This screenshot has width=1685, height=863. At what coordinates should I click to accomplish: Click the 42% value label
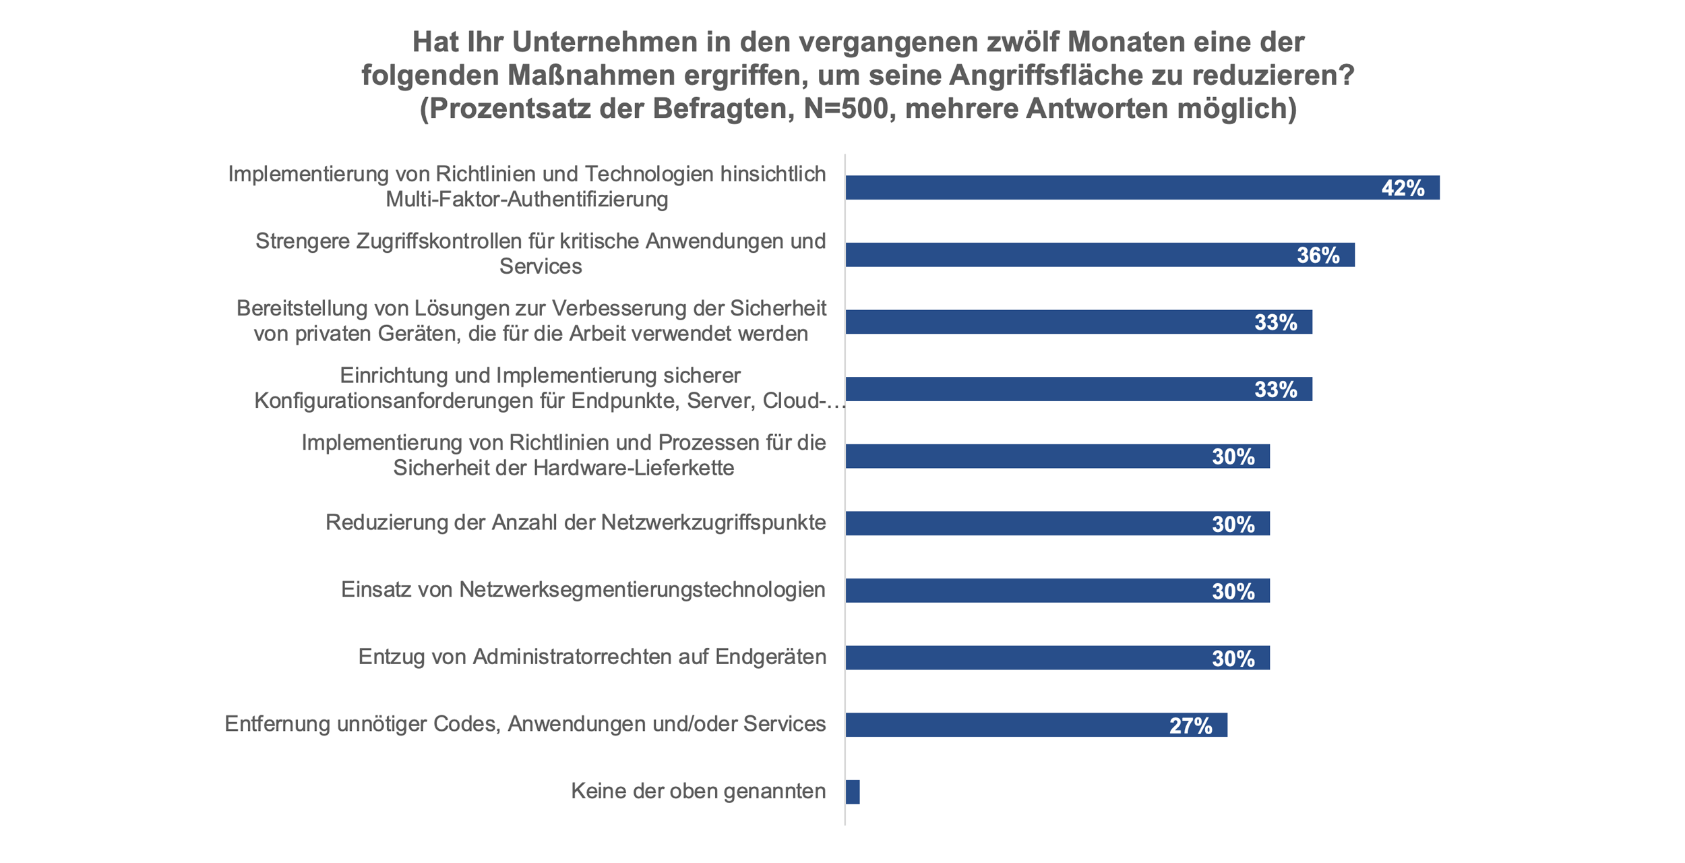point(1403,188)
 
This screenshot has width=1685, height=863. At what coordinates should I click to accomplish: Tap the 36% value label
point(1318,256)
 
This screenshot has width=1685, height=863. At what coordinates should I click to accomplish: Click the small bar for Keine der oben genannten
point(853,792)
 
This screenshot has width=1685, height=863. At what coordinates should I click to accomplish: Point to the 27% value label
point(1190,725)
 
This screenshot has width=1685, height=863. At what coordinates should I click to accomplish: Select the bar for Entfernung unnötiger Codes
point(1011,725)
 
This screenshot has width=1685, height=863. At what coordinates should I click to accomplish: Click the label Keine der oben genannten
point(698,791)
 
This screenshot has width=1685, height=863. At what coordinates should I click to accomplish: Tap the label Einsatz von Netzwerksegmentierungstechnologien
point(583,590)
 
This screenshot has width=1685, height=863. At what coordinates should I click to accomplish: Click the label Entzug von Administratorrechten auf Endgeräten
point(592,657)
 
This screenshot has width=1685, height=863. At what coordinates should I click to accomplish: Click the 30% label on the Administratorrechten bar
point(1233,659)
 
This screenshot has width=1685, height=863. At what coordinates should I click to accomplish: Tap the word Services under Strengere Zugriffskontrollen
point(541,267)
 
